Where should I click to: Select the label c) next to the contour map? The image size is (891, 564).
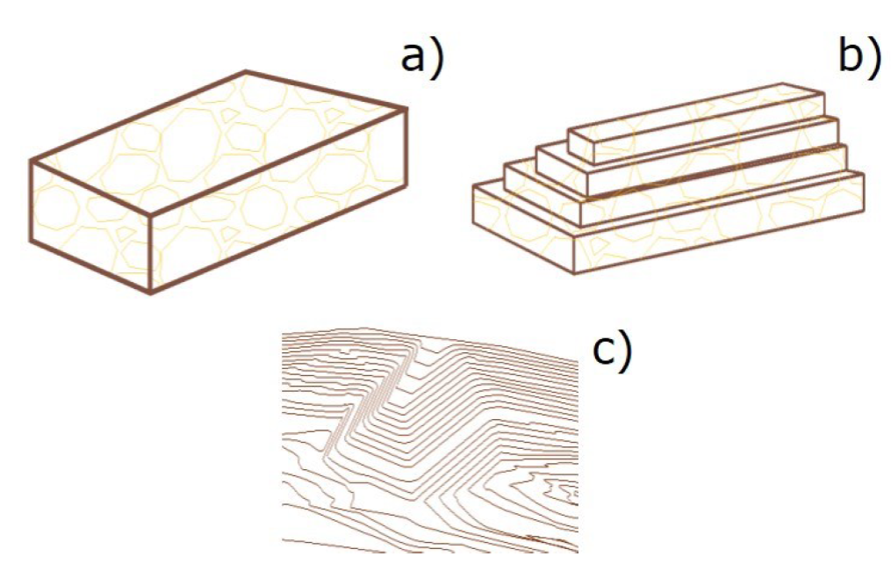[x=612, y=352]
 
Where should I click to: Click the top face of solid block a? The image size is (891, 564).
[x=219, y=142]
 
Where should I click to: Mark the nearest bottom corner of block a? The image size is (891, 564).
[x=151, y=293]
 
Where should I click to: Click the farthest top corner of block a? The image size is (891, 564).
[x=246, y=72]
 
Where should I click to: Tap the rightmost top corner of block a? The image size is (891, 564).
[x=406, y=108]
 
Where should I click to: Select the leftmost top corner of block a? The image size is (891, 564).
[x=31, y=161]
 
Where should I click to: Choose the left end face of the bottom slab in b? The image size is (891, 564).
[x=524, y=228]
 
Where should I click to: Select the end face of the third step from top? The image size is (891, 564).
[x=543, y=193]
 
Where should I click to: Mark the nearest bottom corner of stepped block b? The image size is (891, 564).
[x=574, y=273]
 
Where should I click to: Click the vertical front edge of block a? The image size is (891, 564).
[x=151, y=254]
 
